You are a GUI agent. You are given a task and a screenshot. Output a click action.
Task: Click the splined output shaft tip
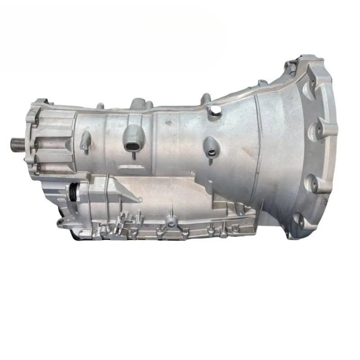coord(13,145)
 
